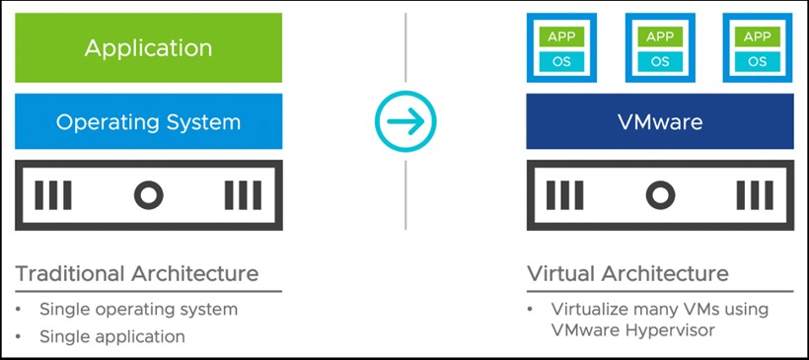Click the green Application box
(148, 47)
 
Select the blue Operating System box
(148, 122)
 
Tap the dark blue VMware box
(659, 122)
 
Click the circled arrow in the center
(404, 121)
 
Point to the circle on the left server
(148, 196)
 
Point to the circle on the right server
(659, 196)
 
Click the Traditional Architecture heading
(137, 272)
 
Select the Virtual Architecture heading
(627, 272)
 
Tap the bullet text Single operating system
(138, 309)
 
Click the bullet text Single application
(111, 336)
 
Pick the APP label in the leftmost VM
(560, 36)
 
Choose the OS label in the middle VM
(659, 61)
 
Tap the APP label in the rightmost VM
(757, 36)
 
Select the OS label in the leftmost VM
(560, 61)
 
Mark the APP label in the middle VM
(659, 36)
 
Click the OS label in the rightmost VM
(757, 61)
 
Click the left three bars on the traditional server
(53, 196)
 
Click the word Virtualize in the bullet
(589, 309)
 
